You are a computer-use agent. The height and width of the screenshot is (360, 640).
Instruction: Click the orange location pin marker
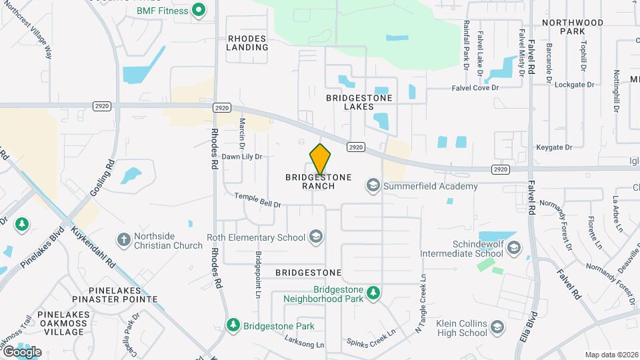tap(321, 159)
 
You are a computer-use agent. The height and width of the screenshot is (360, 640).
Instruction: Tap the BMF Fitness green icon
tap(198, 10)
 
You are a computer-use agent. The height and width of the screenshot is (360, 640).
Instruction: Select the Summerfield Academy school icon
tap(373, 186)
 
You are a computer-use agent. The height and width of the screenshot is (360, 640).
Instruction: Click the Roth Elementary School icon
tap(315, 237)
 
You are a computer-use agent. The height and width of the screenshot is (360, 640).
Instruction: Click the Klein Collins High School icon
tap(497, 327)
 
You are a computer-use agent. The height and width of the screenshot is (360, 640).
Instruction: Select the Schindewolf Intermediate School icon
tap(513, 249)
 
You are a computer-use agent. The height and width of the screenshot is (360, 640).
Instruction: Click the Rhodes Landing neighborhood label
tap(247, 43)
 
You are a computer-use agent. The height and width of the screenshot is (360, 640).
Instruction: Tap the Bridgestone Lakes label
tap(359, 102)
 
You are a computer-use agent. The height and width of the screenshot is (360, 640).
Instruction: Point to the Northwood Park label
tap(573, 27)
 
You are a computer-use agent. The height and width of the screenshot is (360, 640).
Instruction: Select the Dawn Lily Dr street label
tap(242, 157)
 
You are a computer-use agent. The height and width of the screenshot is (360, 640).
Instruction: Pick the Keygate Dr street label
tap(554, 147)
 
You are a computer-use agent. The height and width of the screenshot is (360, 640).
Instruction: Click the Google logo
tap(22, 351)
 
